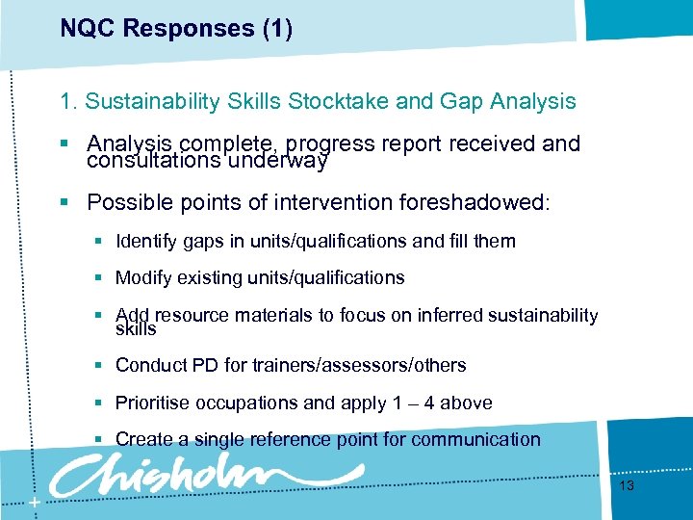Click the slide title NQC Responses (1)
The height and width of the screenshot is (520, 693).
coord(176,29)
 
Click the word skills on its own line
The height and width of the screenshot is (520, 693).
coord(136,329)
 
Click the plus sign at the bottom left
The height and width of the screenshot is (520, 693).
coord(34,504)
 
